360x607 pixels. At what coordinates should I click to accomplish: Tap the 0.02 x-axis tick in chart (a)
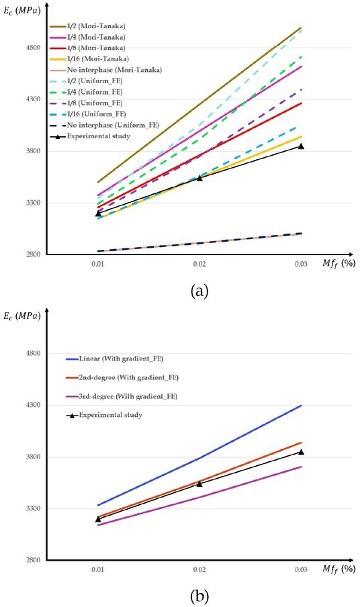(x=199, y=265)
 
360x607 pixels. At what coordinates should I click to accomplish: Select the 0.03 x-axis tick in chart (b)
(x=301, y=570)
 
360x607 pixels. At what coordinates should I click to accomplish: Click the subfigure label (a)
(x=199, y=290)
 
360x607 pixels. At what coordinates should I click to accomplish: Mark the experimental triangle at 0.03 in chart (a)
(x=301, y=146)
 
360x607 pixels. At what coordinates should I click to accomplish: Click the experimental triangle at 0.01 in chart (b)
(x=97, y=519)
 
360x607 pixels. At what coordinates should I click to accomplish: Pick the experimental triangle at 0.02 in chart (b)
(x=199, y=483)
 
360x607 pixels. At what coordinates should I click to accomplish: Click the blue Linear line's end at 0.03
(x=301, y=406)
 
